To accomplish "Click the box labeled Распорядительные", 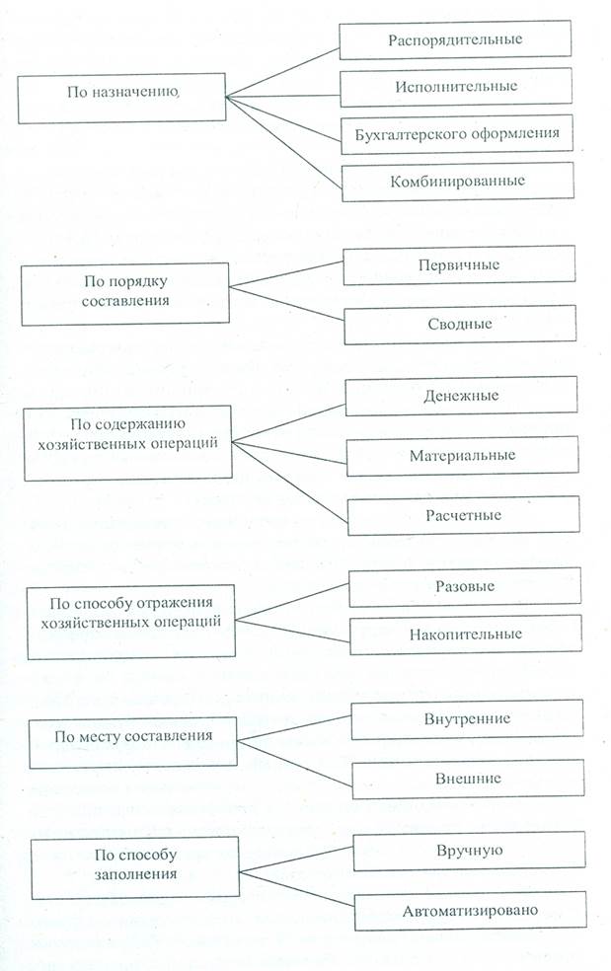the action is pos(455,40).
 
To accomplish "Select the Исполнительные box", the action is pos(455,87).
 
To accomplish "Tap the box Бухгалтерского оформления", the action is pos(457,134).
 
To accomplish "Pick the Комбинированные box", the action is pos(457,182).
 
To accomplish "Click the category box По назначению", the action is pos(121,98).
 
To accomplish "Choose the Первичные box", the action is pos(459,265).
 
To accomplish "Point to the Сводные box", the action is pos(460,325).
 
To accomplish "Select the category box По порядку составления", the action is pos(125,294).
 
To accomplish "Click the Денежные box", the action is pos(461,396).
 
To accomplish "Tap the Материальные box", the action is pos(462,456).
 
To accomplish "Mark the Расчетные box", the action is pos(464,515).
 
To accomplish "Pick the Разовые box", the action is pos(465,587).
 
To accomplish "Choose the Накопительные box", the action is pos(466,635).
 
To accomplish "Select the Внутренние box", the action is pos(467,719).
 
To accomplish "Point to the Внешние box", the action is pos(469,779).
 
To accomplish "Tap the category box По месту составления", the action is pos(133,742).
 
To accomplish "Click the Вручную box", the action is pos(469,851).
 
